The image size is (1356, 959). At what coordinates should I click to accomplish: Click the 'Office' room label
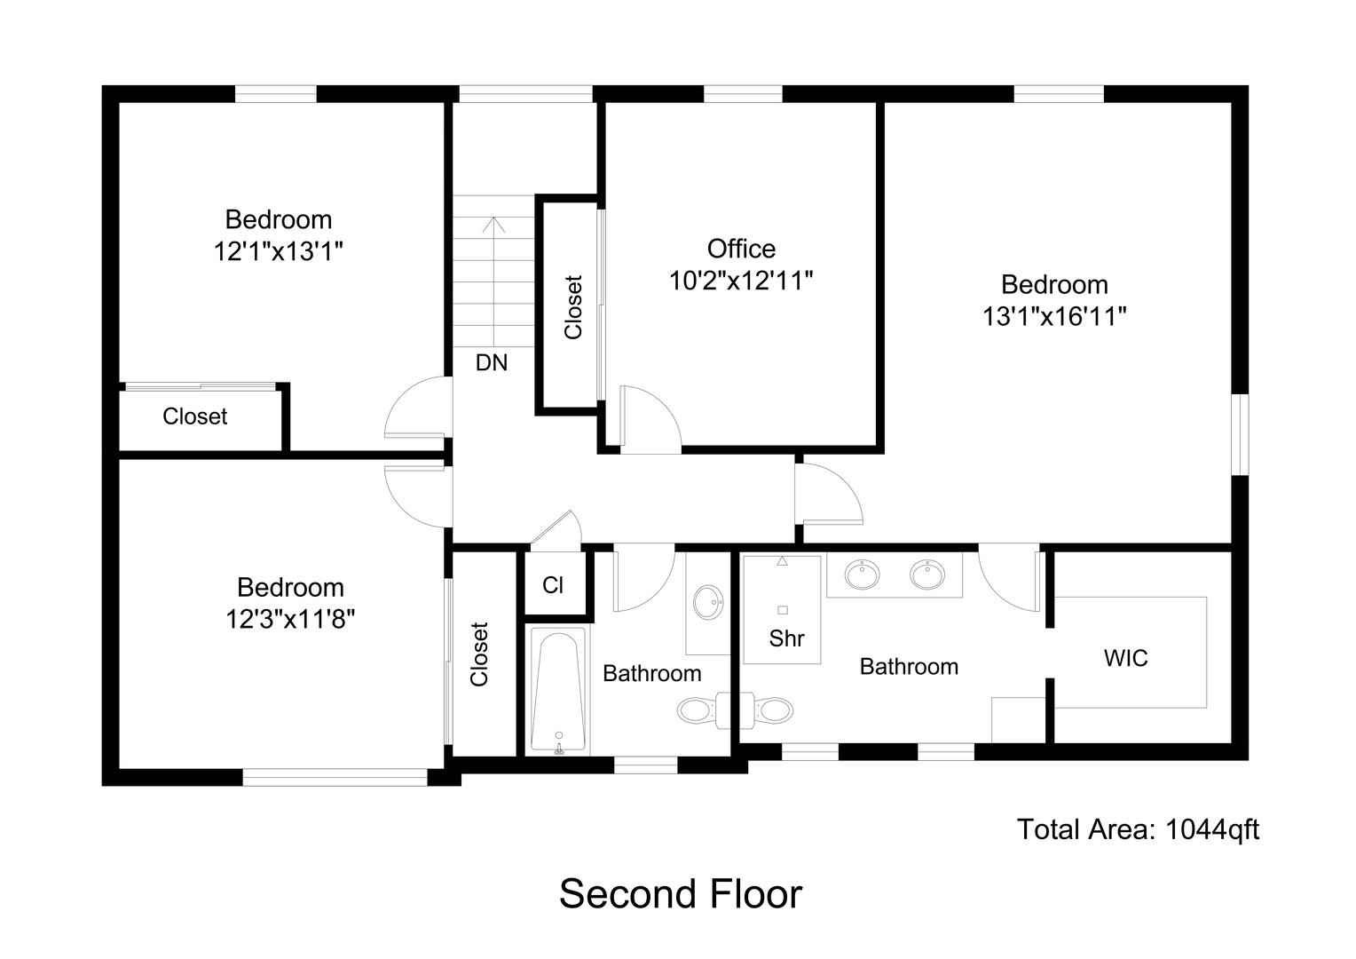(741, 249)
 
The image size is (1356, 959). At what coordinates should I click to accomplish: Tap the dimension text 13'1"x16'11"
(1054, 316)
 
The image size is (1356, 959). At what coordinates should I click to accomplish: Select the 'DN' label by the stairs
(492, 362)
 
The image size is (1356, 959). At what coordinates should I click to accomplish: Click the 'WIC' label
(1125, 658)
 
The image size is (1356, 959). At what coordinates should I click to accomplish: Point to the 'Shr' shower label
(786, 638)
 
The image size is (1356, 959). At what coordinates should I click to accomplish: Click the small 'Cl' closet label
(553, 585)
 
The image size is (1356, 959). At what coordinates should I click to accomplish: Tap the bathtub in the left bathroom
(557, 690)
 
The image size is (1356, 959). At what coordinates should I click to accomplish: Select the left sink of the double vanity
(862, 575)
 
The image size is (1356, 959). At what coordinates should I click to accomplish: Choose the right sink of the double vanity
(927, 575)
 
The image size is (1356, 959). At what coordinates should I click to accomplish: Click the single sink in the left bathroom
(708, 601)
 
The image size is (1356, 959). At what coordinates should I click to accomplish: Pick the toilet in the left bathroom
(698, 709)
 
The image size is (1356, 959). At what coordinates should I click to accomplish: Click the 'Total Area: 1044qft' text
(1137, 829)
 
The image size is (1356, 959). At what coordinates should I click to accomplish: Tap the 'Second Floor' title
(680, 893)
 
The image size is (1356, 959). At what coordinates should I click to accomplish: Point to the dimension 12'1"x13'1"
(278, 251)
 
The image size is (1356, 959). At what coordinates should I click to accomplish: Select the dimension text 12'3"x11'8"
(290, 618)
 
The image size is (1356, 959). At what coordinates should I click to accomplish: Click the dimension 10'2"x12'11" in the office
(741, 281)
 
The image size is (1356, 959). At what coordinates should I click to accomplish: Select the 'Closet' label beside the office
(573, 307)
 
